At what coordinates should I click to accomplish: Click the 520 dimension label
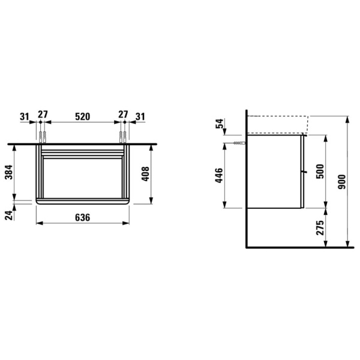[x=83, y=116]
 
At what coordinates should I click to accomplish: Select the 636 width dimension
[x=83, y=217]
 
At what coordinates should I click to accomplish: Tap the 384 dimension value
[x=10, y=172]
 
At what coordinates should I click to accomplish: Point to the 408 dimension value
[x=146, y=174]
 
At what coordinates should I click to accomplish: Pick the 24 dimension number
[x=10, y=215]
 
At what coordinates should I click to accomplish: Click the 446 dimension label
[x=219, y=175]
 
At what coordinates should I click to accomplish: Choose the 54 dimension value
[x=220, y=124]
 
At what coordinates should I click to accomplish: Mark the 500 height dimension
[x=320, y=171]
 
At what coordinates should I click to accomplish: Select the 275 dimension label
[x=320, y=227]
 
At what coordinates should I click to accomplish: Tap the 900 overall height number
[x=342, y=182]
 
